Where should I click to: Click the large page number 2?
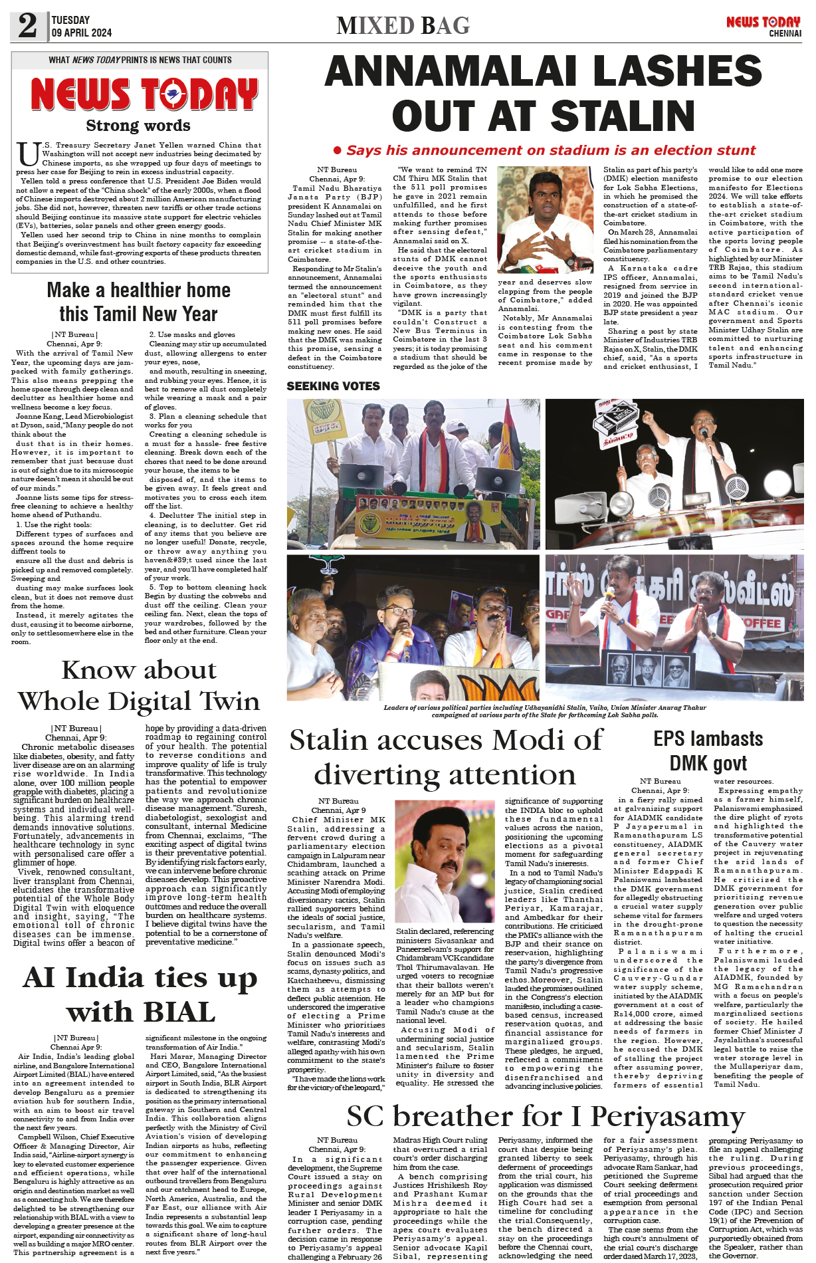pos(28,25)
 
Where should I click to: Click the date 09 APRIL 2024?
pos(82,33)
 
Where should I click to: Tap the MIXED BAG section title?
pos(403,25)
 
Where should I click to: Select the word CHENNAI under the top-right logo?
pos(785,33)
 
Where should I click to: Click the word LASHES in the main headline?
pos(674,71)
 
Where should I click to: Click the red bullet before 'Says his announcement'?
pos(337,150)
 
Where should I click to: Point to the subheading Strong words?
pos(138,125)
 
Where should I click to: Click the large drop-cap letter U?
pos(27,154)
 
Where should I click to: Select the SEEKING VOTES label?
pos(333,386)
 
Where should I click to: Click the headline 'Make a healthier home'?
pos(138,290)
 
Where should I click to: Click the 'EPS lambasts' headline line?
pos(708,739)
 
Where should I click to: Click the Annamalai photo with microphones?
pos(545,219)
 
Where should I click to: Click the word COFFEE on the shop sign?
pos(761,623)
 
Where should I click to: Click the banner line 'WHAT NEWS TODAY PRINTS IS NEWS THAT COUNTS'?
pos(140,60)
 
